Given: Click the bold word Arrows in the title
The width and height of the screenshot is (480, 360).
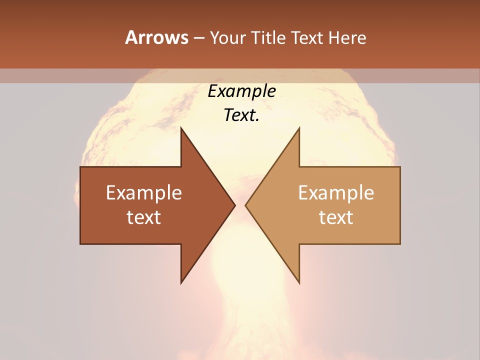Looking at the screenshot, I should tap(156, 37).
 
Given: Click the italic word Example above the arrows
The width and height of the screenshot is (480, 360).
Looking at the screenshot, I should tap(241, 91).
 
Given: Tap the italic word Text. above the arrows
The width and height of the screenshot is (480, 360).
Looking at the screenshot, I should tap(241, 115).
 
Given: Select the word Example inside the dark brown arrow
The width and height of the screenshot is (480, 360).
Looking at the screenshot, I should tap(144, 193).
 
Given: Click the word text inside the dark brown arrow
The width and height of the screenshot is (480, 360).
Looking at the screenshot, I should tap(144, 217).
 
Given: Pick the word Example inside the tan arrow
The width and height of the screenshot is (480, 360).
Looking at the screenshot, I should tap(336, 193).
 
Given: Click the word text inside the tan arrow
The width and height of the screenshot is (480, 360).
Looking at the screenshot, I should tap(336, 217).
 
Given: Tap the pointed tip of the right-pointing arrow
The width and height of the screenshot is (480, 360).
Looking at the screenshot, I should tap(235, 205).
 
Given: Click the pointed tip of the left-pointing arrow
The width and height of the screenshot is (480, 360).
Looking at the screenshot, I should tap(245, 205).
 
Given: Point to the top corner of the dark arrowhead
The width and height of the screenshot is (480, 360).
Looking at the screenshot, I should tap(181, 128).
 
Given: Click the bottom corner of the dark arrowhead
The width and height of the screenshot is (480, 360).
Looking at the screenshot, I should tap(181, 283).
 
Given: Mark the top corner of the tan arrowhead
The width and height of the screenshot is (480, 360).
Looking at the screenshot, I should tap(299, 128).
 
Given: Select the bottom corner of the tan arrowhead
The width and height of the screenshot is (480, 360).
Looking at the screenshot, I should tap(299, 283).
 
